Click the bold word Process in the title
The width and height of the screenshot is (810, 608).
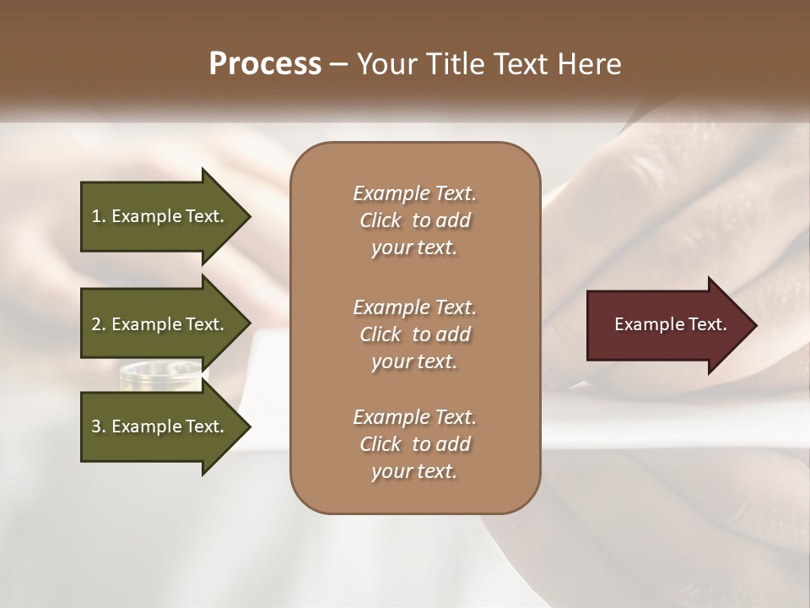[265, 64]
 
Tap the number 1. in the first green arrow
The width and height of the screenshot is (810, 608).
[99, 216]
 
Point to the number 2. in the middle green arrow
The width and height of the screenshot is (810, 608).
[99, 324]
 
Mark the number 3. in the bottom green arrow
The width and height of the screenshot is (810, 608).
[99, 426]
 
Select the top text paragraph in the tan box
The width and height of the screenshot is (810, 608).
[414, 220]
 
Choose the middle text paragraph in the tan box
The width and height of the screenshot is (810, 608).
[414, 334]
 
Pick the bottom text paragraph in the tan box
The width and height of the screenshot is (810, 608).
[414, 444]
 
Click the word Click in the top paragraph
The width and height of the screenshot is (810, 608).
[381, 220]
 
